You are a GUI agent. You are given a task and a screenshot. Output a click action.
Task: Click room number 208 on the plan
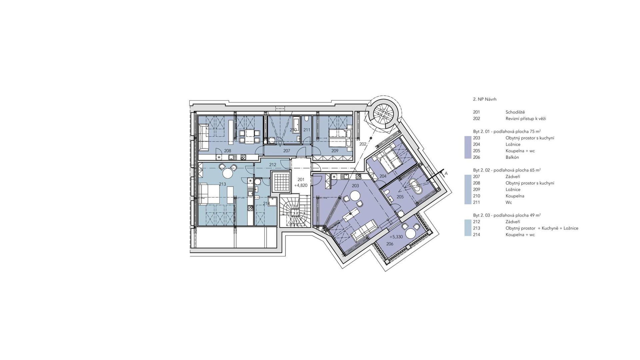(227, 151)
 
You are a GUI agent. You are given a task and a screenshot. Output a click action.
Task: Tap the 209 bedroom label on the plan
(335, 151)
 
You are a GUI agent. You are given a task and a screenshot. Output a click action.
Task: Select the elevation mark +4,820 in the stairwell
(301, 185)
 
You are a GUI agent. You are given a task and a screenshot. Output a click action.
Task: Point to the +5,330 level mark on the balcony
(396, 237)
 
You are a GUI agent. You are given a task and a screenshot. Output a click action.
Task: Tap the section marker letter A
(446, 173)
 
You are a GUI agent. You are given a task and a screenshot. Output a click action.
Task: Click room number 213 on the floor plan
(222, 184)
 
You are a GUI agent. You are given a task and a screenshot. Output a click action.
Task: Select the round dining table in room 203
(354, 197)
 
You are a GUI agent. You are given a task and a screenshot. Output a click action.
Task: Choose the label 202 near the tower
(363, 144)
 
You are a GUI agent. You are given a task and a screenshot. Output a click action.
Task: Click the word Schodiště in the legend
(515, 112)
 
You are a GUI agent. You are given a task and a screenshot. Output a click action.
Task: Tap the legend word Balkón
(512, 157)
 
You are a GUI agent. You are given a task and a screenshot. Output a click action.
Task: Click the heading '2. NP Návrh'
(485, 99)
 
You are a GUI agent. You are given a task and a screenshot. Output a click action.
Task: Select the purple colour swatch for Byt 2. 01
(468, 147)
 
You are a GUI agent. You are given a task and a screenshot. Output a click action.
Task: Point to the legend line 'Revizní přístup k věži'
(526, 119)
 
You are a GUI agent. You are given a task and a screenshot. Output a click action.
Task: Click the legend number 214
(477, 235)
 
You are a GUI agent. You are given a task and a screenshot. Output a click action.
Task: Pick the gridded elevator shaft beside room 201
(280, 182)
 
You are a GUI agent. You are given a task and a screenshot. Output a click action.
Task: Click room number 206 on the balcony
(390, 244)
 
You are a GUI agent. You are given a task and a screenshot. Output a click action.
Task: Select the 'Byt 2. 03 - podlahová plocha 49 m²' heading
(507, 215)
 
